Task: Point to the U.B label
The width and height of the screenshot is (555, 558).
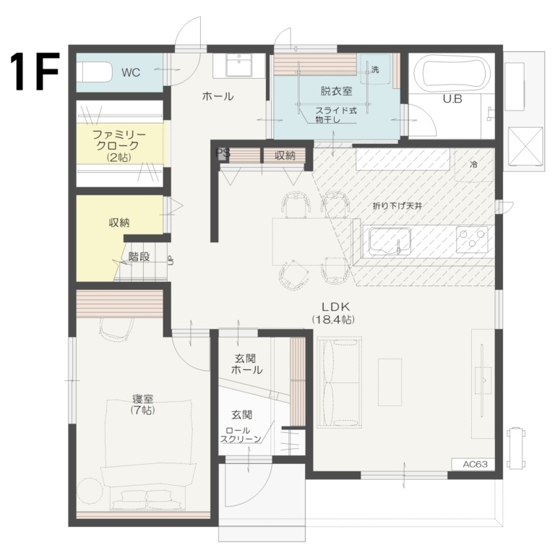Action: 452,99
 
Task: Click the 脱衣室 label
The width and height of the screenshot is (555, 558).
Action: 336,91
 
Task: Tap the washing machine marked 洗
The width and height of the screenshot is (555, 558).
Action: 374,70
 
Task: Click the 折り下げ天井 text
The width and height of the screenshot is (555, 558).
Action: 397,206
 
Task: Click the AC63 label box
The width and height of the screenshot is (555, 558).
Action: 473,464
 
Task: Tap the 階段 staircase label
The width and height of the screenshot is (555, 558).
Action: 139,256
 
